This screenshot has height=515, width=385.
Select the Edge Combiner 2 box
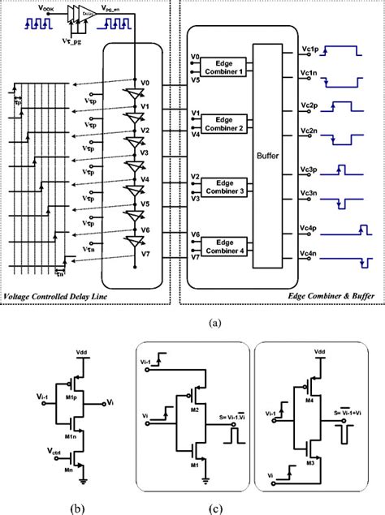click(229, 125)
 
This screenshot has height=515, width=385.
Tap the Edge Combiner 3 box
click(229, 186)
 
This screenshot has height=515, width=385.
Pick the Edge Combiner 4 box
click(229, 245)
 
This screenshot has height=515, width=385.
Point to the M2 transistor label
click(194, 410)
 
